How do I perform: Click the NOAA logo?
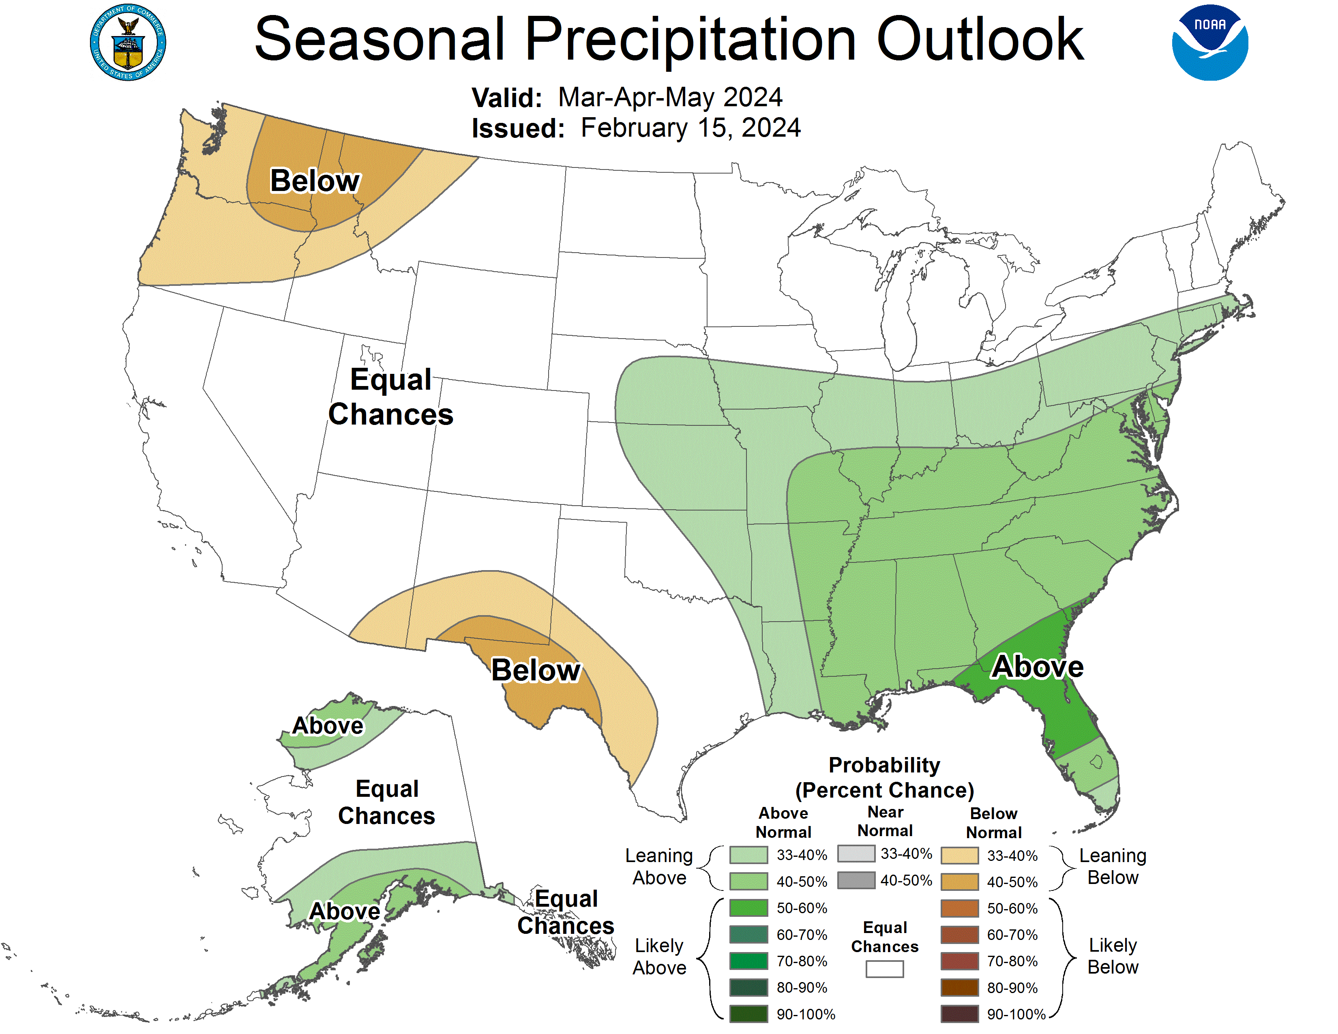tap(1209, 43)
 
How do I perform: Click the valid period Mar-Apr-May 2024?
tap(670, 97)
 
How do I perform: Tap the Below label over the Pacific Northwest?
tap(315, 181)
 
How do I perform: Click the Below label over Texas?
tap(536, 670)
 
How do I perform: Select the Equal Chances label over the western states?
tap(391, 397)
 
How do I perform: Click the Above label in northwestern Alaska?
tap(328, 726)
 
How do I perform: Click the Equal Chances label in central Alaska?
tap(386, 802)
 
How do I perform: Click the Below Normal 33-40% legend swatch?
tap(959, 855)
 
